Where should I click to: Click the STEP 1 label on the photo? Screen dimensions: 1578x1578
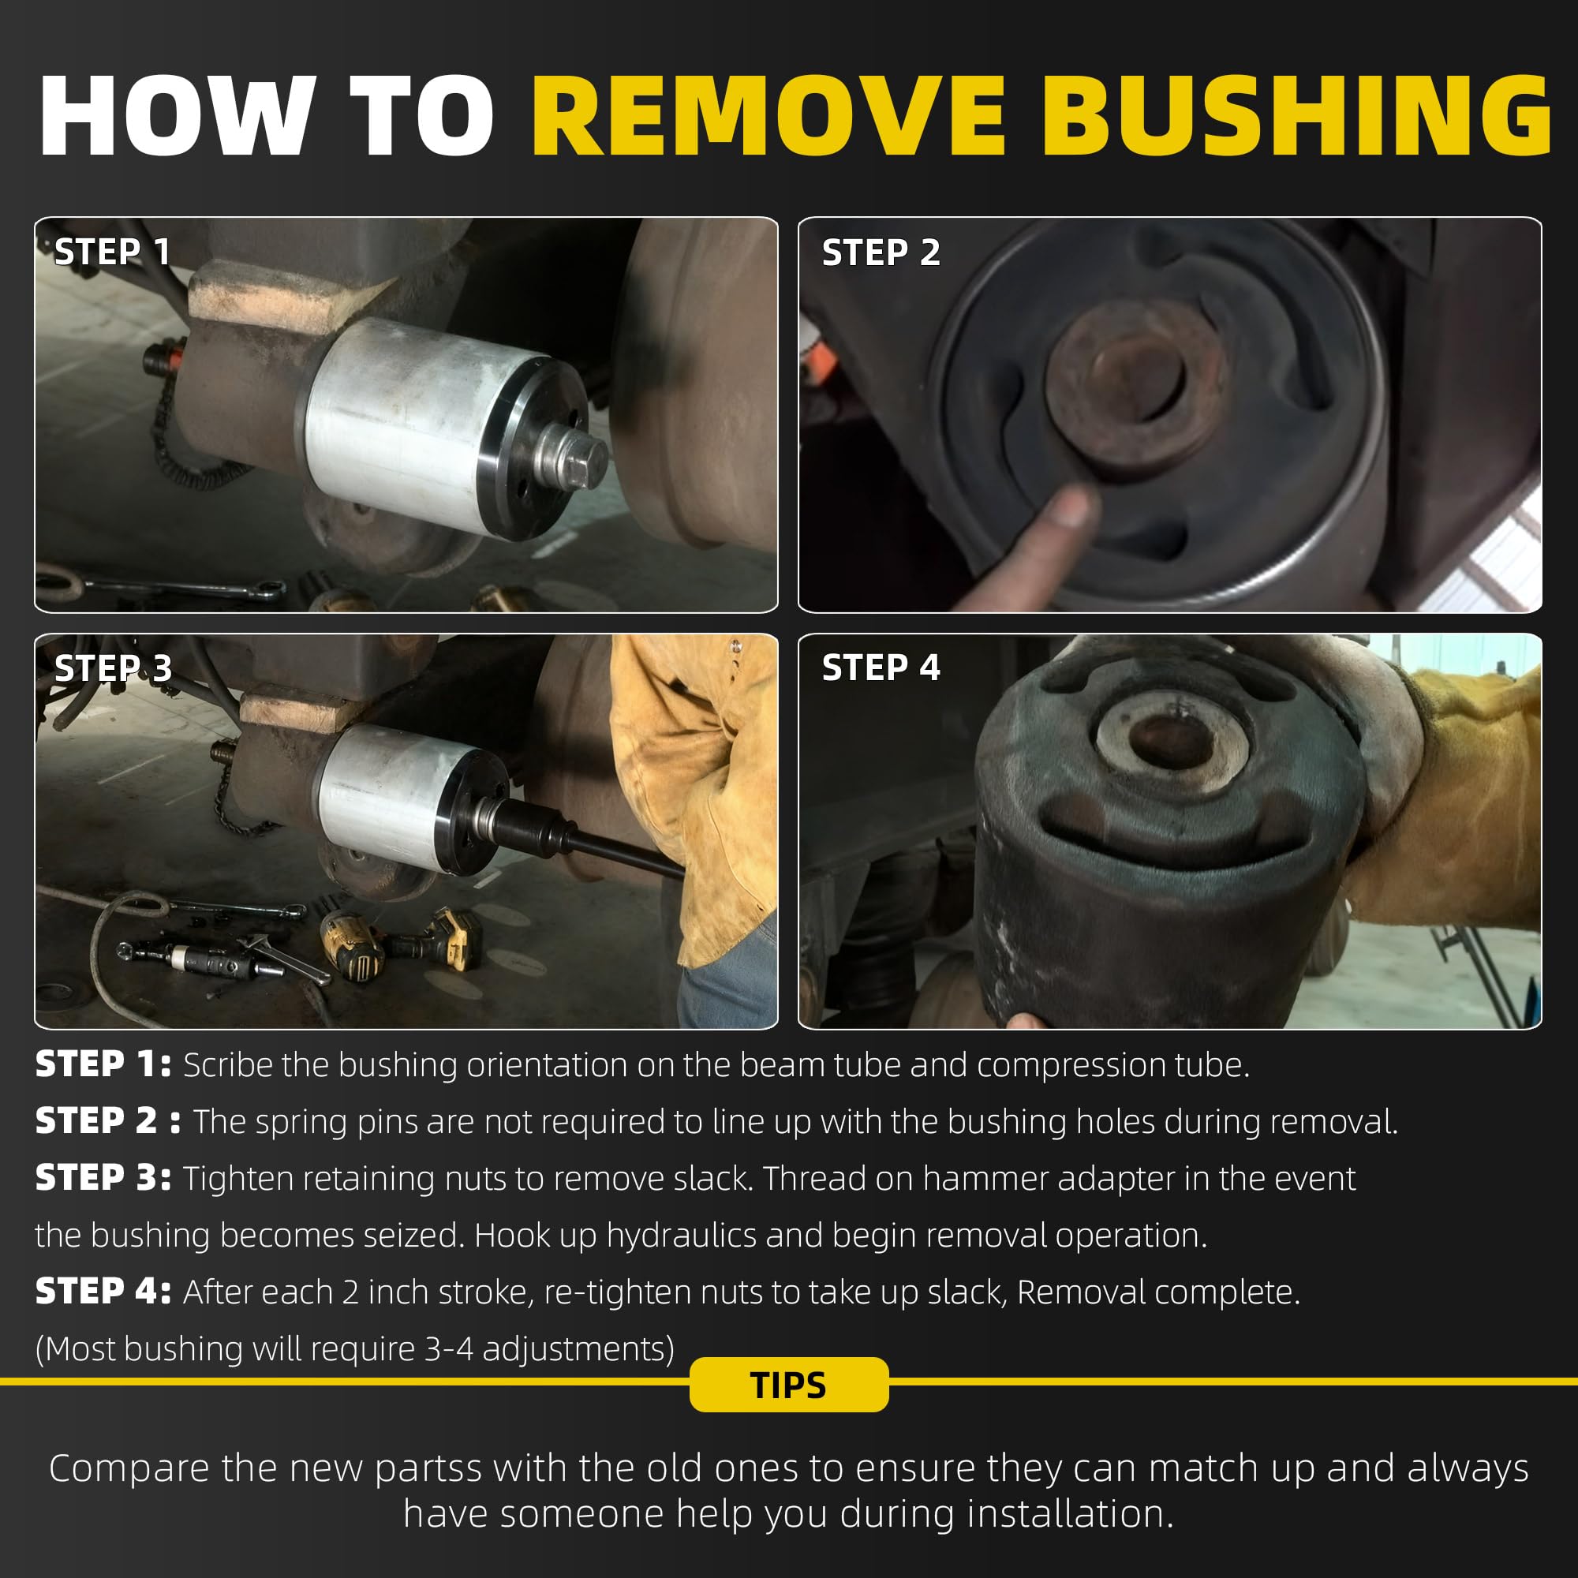tap(112, 252)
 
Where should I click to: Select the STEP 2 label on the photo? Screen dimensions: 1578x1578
tap(881, 252)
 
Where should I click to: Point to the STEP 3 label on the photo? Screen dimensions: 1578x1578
tap(113, 668)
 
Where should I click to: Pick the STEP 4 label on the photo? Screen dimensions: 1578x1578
tap(881, 667)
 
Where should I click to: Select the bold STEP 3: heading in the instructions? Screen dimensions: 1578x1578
tap(103, 1179)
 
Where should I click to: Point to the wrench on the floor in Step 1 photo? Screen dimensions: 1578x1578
tap(184, 586)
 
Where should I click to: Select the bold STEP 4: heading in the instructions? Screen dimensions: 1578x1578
tap(103, 1292)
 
